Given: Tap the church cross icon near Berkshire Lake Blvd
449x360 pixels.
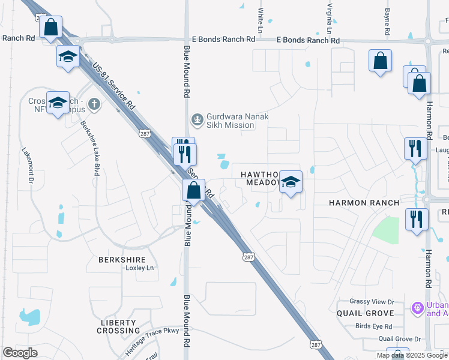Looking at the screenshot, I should click(94, 104).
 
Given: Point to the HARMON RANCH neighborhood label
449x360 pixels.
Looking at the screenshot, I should click(364, 203).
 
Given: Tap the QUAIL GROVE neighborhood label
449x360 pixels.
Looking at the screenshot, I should click(365, 313).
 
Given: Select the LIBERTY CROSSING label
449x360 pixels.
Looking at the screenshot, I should click(119, 326).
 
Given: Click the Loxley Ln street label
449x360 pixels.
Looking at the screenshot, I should click(140, 268).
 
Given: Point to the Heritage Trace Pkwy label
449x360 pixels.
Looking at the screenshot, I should click(152, 340).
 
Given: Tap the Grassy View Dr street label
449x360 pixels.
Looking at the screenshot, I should click(373, 302).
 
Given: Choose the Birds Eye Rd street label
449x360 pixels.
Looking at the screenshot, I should click(373, 326).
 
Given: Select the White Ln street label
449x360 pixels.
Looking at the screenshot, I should click(261, 20).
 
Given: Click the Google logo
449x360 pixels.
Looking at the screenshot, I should click(20, 353).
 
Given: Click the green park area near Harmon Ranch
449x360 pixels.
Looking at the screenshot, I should click(387, 230).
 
